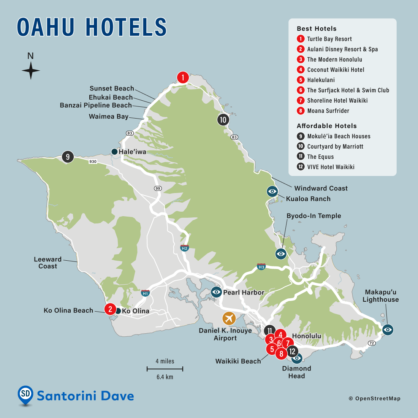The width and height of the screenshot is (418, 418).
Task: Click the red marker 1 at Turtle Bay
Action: click(183, 78)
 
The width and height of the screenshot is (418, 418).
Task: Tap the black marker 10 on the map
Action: click(223, 120)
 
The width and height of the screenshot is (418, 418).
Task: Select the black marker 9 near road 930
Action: click(68, 157)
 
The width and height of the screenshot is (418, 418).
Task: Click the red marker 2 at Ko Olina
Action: click(110, 309)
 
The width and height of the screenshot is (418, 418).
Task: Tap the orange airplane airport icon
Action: click(229, 318)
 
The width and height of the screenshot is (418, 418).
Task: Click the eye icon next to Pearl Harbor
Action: click(216, 292)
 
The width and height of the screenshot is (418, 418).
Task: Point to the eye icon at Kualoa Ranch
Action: click(272, 191)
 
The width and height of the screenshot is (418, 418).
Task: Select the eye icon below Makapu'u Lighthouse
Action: click(388, 329)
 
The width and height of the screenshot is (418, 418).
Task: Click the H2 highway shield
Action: click(185, 248)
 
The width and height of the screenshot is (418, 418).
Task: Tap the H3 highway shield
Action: click(261, 267)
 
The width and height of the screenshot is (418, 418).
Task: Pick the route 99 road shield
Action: click(158, 188)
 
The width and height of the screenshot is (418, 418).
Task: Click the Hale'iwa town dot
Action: click(114, 152)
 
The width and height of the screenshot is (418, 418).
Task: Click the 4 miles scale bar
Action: click(165, 369)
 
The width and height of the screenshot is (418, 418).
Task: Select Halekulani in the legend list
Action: click(321, 80)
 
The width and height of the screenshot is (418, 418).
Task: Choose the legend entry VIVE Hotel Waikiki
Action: click(331, 167)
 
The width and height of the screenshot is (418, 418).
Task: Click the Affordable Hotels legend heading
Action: click(326, 126)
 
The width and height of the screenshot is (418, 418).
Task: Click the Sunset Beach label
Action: click(112, 89)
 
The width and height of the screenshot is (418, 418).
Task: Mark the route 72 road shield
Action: click(371, 344)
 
